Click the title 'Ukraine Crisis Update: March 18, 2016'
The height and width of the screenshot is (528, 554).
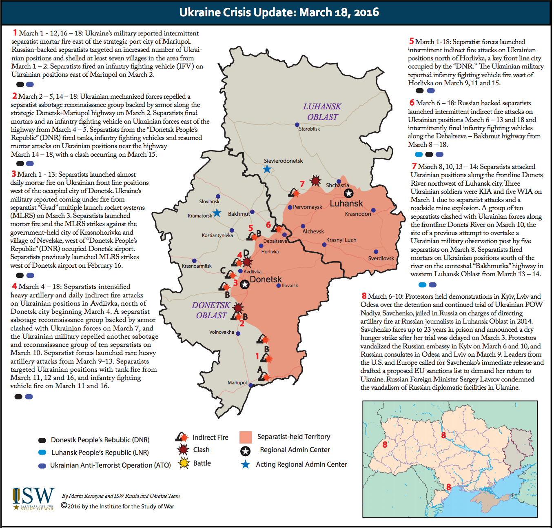279,12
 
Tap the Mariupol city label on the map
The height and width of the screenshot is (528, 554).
237,383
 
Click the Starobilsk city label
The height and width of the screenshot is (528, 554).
309,129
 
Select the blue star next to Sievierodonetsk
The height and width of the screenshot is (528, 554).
267,169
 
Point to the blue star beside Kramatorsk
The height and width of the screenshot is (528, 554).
217,213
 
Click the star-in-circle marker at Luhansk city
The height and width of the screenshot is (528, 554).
348,193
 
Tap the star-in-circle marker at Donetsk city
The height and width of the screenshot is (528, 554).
244,284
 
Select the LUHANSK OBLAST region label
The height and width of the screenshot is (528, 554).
322,112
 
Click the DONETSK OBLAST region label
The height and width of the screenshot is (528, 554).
211,310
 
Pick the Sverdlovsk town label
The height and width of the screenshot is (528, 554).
381,258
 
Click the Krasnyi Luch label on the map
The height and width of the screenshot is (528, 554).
341,240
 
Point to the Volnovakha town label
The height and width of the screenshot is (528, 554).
222,332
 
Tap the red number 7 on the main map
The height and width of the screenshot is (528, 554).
302,184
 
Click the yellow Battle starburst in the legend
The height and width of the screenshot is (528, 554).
184,463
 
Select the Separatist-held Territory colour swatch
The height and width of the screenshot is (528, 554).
246,437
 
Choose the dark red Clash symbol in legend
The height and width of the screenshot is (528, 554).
184,450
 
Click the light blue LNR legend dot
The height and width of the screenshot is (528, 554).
42,453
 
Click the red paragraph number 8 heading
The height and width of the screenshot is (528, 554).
364,296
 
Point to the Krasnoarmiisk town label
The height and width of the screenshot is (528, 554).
197,266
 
